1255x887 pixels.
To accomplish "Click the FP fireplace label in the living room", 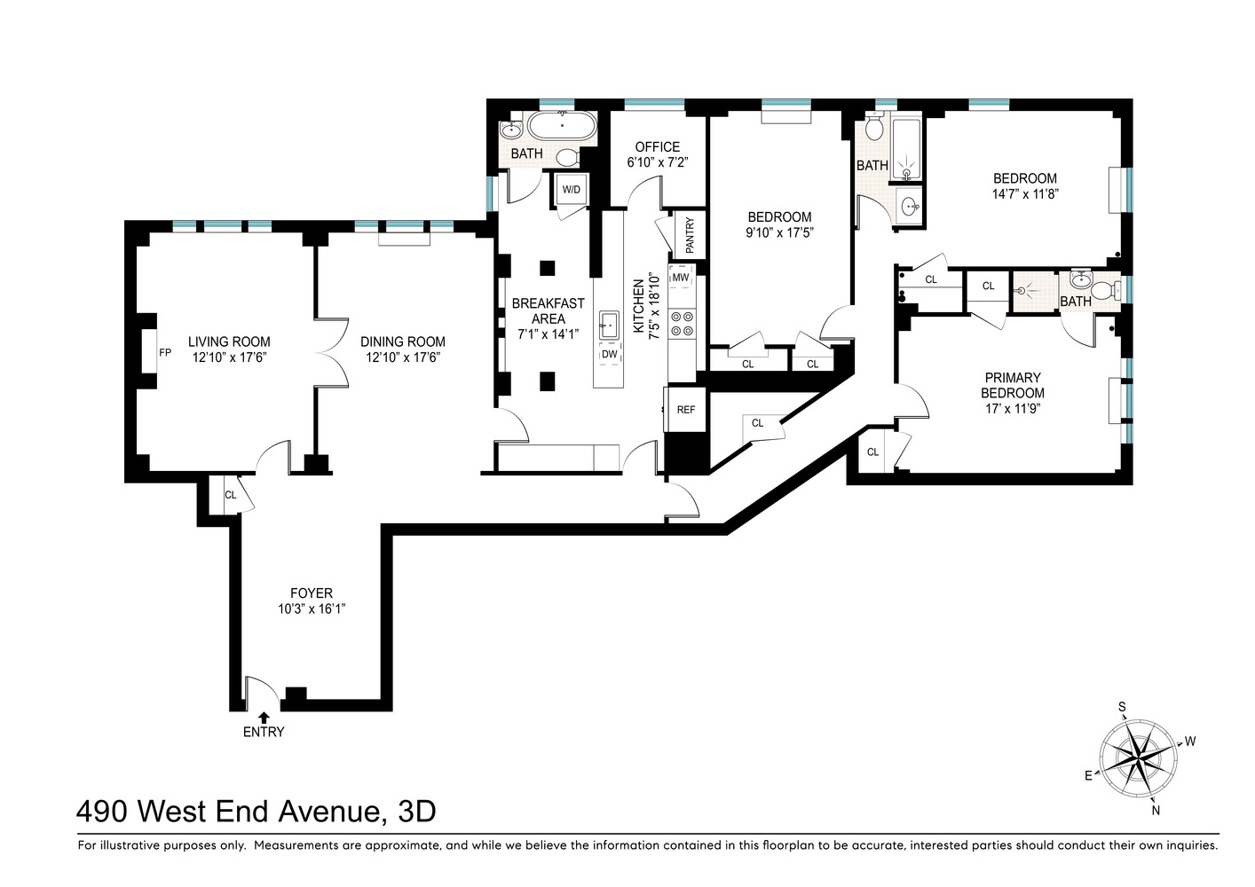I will coord(164,352).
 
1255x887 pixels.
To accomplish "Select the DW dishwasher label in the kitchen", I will coord(609,354).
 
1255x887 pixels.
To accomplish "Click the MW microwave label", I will coord(681,278).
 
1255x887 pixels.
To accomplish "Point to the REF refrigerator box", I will coord(685,410).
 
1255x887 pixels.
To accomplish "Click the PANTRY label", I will coord(690,235).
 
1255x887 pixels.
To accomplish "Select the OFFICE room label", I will coord(658,147).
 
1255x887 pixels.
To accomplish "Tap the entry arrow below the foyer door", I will coord(263,717).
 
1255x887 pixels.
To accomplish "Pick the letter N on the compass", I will coord(1155,809).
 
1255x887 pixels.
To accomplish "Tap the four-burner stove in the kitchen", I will coord(681,323).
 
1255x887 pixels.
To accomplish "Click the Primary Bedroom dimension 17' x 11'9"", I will coord(1012,409).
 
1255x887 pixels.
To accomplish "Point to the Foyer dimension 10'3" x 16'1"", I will coord(311,609).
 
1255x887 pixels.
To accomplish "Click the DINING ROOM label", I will coord(403,341).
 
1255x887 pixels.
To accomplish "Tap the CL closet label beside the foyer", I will coord(230,495).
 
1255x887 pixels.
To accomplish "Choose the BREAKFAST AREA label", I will coord(548,310).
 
